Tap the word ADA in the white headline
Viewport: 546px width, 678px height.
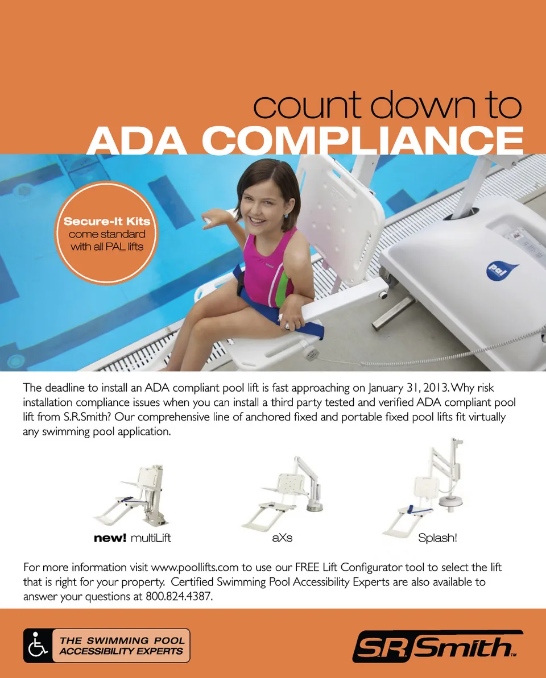[137, 141]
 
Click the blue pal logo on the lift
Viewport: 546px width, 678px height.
[502, 271]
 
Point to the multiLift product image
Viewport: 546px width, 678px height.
[131, 496]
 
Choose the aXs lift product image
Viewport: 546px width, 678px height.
[283, 493]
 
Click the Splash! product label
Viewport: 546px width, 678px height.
[437, 538]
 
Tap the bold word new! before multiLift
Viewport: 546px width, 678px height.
[110, 538]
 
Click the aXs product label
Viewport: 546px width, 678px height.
[282, 538]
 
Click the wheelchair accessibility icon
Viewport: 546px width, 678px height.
[38, 646]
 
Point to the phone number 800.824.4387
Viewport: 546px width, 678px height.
[179, 597]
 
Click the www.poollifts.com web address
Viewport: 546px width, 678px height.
[195, 567]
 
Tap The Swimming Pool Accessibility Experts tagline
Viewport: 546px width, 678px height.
[122, 646]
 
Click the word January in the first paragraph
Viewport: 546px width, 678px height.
[386, 388]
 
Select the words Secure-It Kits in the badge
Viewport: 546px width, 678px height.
[107, 222]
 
